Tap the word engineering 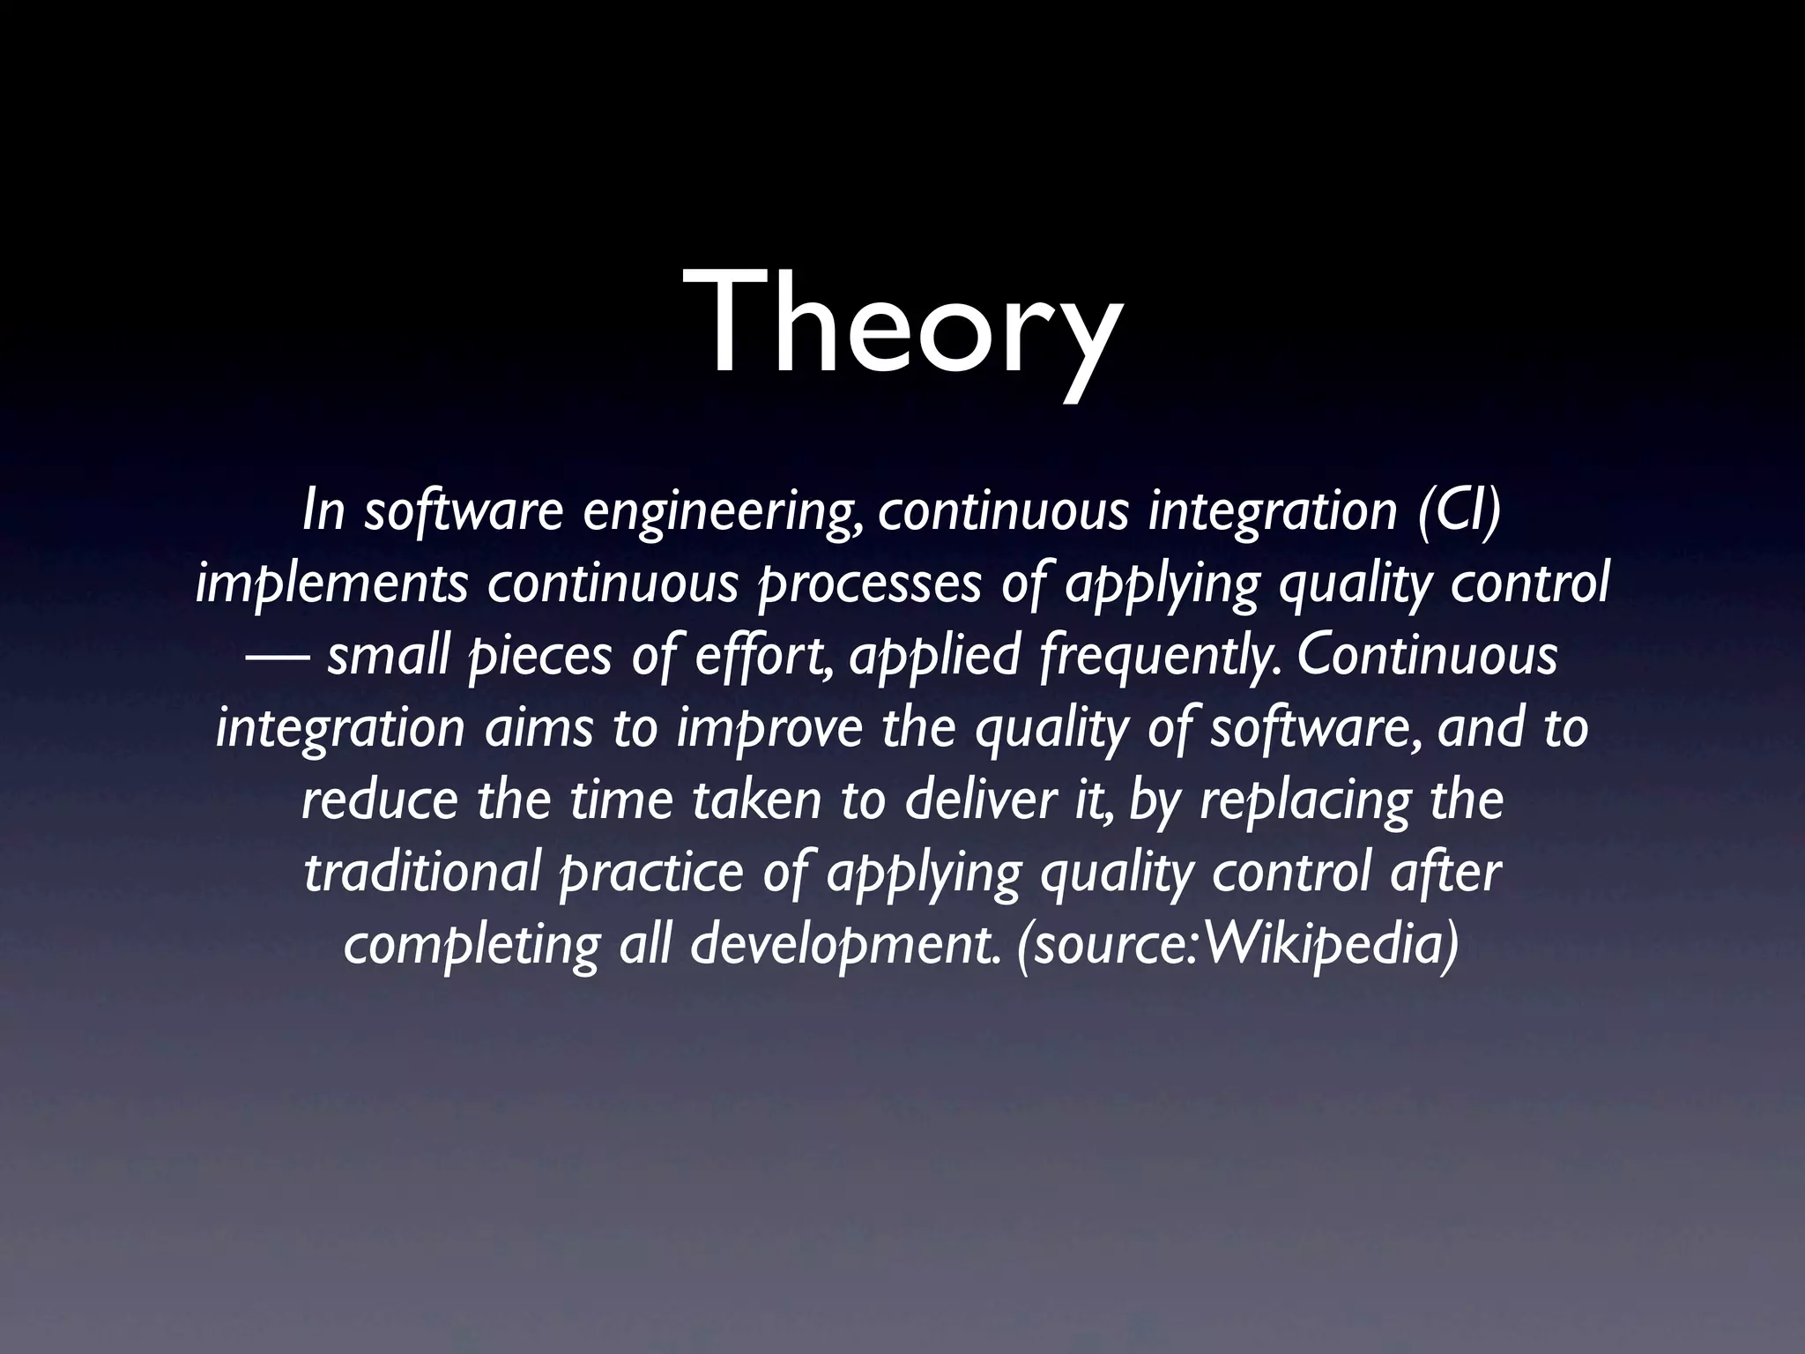724,514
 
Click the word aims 539,729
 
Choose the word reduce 380,800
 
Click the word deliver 977,800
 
